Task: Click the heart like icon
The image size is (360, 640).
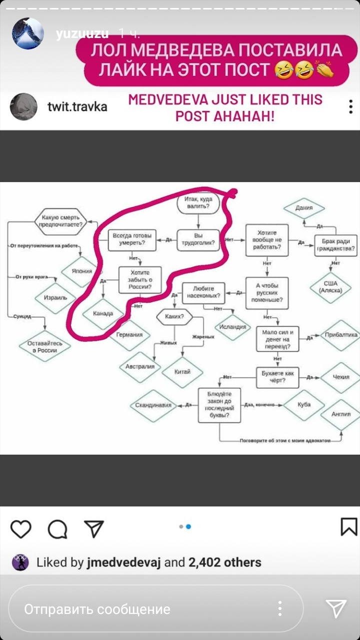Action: [x=20, y=528]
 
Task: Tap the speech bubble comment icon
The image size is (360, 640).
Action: [x=57, y=528]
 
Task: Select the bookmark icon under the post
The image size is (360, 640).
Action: [x=348, y=527]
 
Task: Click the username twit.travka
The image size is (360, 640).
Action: [x=77, y=107]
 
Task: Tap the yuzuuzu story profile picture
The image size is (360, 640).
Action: [x=28, y=34]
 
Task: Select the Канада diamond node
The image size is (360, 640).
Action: [x=102, y=314]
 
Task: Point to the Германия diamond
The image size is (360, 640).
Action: [x=129, y=335]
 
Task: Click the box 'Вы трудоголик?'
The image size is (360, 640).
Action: [x=199, y=240]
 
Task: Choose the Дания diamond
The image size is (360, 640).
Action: [x=304, y=208]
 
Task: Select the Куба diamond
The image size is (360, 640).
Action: [x=303, y=404]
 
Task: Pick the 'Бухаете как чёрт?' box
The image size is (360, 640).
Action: [x=277, y=376]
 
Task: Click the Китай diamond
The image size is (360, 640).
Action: [x=182, y=372]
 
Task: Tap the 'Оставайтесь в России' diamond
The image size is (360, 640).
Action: [x=44, y=347]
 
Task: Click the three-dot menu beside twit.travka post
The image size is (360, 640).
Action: [x=351, y=107]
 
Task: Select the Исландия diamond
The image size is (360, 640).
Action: [x=232, y=327]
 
